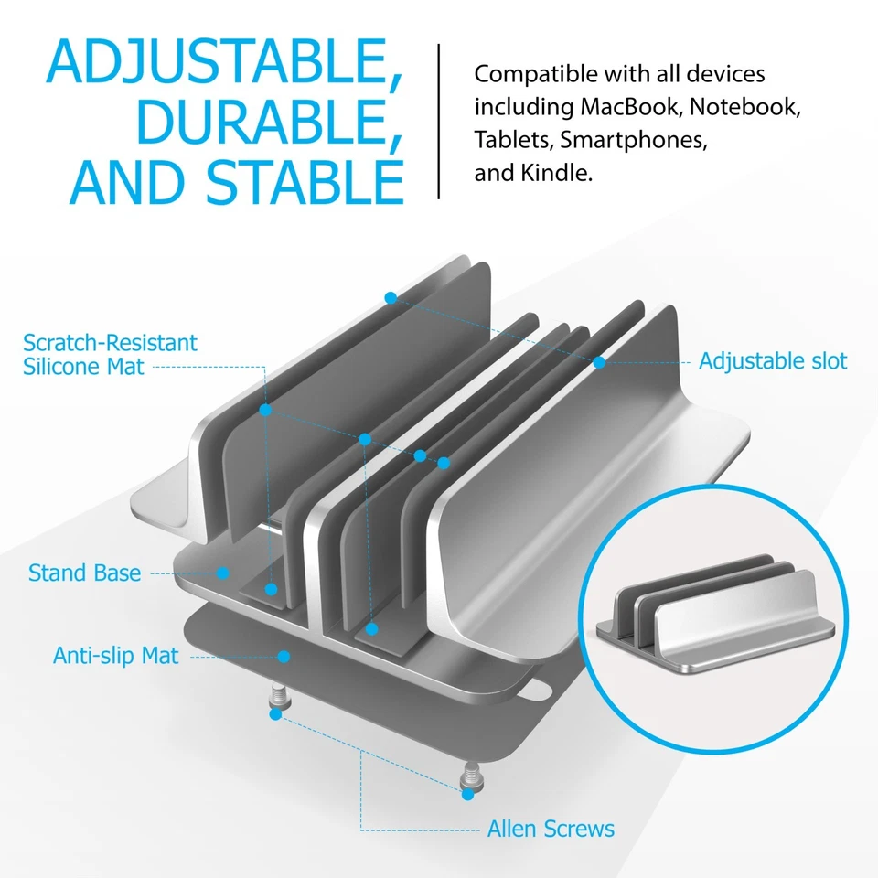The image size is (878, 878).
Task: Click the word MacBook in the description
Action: click(x=630, y=107)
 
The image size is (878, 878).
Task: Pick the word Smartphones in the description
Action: click(x=634, y=140)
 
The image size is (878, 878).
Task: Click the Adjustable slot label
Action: click(x=773, y=360)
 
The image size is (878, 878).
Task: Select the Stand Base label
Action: click(x=85, y=573)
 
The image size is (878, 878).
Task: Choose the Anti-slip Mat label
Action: click(x=115, y=656)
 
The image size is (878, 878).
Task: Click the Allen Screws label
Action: click(x=551, y=830)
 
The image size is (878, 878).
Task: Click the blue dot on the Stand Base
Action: click(x=222, y=573)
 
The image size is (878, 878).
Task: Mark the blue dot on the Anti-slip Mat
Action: click(x=284, y=656)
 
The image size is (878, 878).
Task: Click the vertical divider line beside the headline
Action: click(x=439, y=121)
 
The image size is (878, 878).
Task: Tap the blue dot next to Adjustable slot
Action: click(x=599, y=362)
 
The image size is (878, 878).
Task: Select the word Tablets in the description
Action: click(x=512, y=140)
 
